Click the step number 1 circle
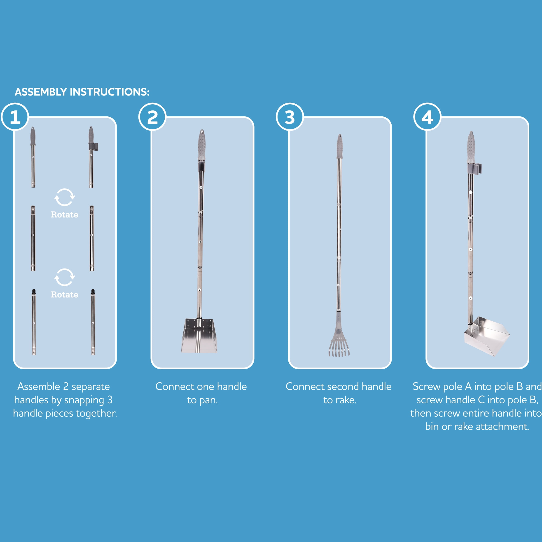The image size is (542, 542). pyautogui.click(x=15, y=117)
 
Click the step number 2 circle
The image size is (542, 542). pyautogui.click(x=152, y=117)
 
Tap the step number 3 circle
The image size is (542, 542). pyautogui.click(x=290, y=117)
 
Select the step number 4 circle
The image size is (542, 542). pyautogui.click(x=427, y=117)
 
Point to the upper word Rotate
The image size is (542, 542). pyautogui.click(x=65, y=215)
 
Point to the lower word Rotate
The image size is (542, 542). pyautogui.click(x=65, y=294)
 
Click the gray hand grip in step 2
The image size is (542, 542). pyautogui.click(x=202, y=145)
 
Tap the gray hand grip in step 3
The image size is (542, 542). pyautogui.click(x=339, y=146)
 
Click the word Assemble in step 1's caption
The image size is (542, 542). pyautogui.click(x=39, y=387)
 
